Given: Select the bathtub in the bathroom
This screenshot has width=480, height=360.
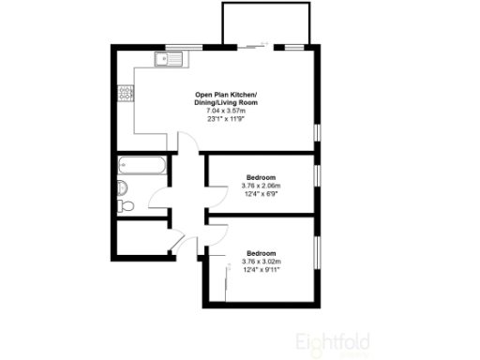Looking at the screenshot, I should coord(143,167).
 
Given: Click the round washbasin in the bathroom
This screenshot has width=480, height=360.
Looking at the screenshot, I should coord(122,187).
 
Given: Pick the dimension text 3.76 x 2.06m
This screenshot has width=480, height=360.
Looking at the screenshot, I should coord(262,186).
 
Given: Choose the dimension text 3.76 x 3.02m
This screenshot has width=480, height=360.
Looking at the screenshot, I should coord(262,262).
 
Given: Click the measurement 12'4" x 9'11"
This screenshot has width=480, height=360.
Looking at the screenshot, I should coord(262,270).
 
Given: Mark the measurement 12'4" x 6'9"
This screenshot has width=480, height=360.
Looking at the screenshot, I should coord(262,194).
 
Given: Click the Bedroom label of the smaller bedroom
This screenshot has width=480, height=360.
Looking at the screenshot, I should coord(262,177).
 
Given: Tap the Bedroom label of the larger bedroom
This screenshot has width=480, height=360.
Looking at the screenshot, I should coord(262,253).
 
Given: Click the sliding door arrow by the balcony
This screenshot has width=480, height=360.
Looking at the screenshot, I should coord(255,45).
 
